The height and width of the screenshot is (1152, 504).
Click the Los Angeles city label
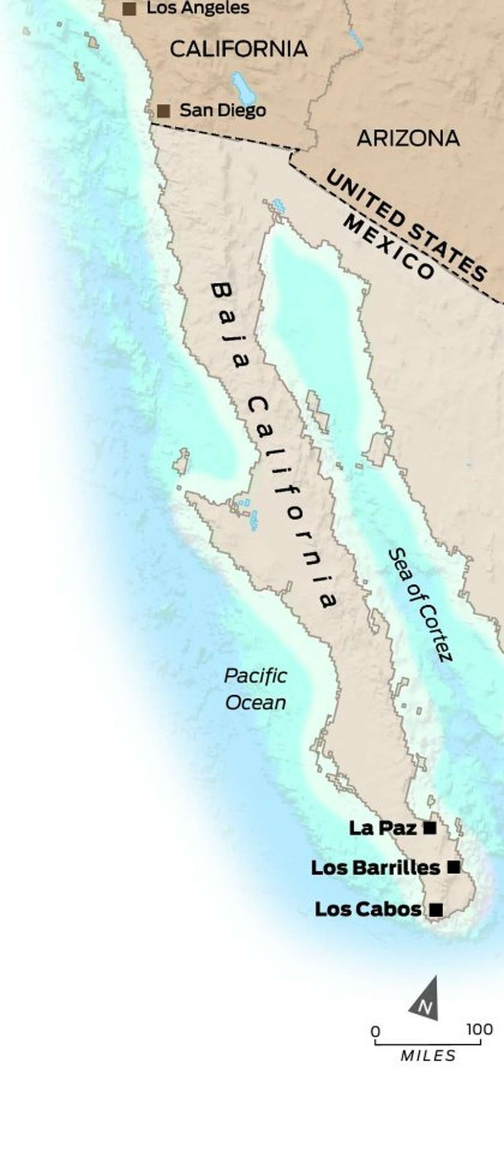198,8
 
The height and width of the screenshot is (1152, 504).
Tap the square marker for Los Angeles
129,8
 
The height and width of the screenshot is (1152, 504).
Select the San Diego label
223,110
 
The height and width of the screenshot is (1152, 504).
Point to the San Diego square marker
164,111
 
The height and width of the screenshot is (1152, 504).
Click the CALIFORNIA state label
239,49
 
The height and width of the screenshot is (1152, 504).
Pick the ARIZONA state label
408,138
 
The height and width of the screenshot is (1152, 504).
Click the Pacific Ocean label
255,689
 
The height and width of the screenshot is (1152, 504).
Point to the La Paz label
382,828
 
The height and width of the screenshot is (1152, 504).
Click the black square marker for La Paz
430,828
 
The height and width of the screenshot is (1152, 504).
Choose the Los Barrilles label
375,868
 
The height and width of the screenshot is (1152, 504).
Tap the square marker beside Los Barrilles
454,868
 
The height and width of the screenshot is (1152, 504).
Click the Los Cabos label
368,909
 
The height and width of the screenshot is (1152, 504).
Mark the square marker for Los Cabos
436,910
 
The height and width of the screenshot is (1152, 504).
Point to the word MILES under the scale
428,1056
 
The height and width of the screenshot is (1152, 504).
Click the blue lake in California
241,87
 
